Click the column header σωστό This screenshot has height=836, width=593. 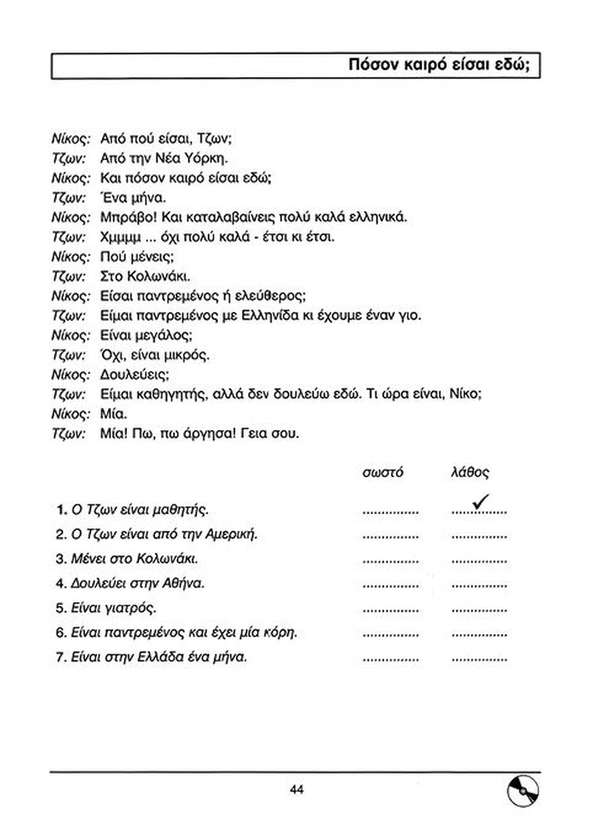[x=383, y=472]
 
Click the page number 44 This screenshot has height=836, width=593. [x=297, y=789]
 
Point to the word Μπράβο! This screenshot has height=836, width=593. [x=124, y=217]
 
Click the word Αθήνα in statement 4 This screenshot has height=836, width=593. [x=174, y=583]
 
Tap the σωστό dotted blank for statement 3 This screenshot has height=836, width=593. [x=391, y=561]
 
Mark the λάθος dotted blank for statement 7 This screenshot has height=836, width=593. [x=479, y=658]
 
